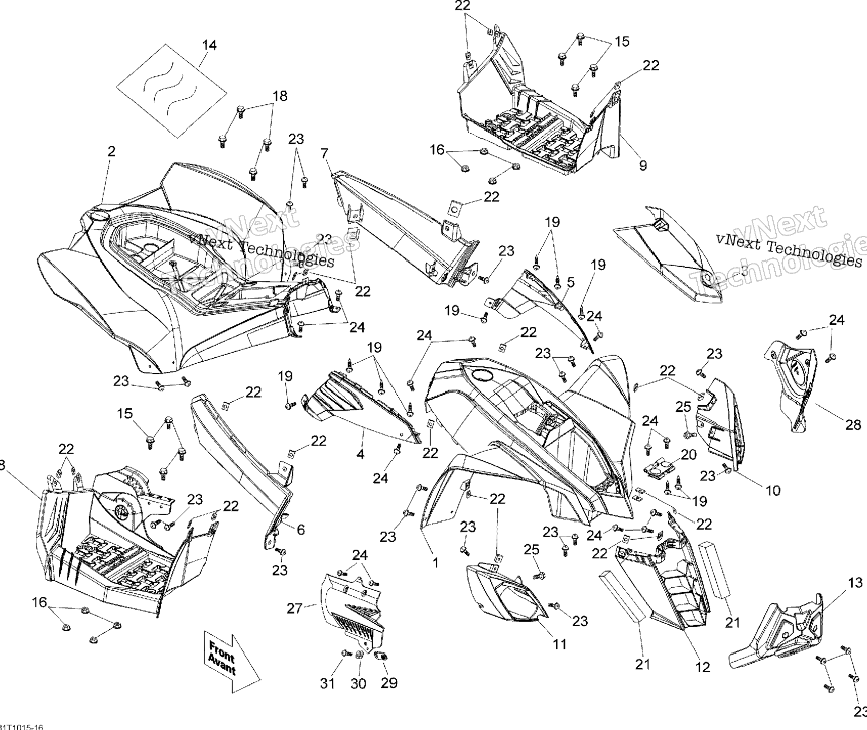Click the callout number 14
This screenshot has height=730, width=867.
pos(209,45)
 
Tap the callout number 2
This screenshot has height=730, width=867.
pos(111,151)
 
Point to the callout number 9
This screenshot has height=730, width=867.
pos(643,165)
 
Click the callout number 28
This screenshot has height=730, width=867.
pos(853,425)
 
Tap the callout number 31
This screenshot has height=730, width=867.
pos(327,683)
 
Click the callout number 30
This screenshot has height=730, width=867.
pos(358,683)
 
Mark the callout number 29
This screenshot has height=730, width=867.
pos(389,683)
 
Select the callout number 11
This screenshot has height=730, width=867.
pos(559,644)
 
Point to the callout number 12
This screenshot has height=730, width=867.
pos(703,667)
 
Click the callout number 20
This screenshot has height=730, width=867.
pos(689,454)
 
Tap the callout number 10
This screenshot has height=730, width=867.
pos(773,490)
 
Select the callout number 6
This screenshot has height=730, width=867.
pos(300,530)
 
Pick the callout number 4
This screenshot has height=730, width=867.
pos(360,454)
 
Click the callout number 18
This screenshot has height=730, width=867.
pos(280,96)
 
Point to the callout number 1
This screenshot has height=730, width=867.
pos(435,562)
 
